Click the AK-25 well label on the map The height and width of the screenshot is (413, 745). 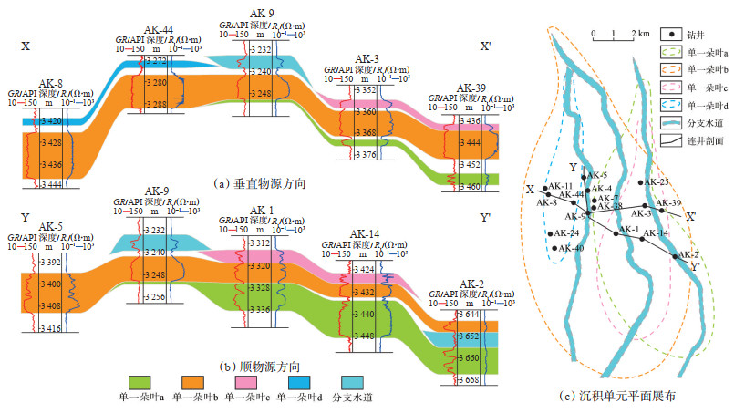click(657, 183)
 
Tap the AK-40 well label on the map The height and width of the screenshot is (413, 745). click(572, 248)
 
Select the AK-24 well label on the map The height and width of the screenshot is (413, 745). click(566, 232)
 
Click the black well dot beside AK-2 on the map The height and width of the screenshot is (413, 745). click(676, 256)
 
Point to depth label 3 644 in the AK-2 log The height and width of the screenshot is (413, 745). click(470, 315)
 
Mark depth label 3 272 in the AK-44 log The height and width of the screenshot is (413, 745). click(156, 60)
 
